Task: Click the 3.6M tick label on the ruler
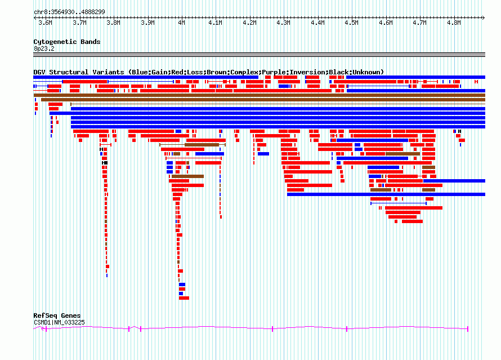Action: [45, 23]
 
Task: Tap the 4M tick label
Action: [181, 23]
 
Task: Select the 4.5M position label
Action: [351, 23]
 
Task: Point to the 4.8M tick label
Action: [454, 23]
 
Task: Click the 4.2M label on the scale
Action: [249, 23]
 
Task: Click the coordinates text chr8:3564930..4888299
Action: [69, 12]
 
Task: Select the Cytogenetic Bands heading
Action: [67, 42]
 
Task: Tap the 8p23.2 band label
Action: [44, 48]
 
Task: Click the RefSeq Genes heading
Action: [57, 315]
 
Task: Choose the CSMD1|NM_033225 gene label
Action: [59, 322]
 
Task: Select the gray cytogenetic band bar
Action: [259, 55]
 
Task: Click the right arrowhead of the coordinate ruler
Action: [484, 17]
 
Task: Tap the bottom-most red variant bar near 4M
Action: [184, 298]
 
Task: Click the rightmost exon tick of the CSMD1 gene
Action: [468, 328]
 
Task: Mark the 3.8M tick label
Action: [113, 23]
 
